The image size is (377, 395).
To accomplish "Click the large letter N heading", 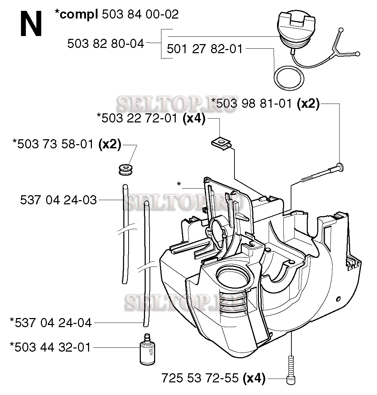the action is [31, 24].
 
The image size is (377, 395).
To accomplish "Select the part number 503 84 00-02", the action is [140, 14].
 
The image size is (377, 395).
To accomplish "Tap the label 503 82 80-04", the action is [106, 44].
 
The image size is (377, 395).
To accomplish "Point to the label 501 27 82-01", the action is [204, 49].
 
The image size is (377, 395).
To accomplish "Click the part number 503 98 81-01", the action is [254, 104].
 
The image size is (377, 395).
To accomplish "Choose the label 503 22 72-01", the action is [139, 118].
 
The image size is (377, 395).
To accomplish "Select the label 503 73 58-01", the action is [55, 144].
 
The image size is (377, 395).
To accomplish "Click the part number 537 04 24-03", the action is [58, 200].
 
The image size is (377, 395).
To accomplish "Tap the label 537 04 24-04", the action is [53, 323].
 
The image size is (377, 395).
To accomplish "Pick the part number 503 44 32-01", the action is [52, 347].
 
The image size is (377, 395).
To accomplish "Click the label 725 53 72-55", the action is [200, 378].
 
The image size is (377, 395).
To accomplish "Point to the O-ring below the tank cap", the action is [289, 78].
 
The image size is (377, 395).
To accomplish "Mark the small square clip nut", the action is [221, 144].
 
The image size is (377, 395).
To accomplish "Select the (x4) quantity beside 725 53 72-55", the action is [254, 378].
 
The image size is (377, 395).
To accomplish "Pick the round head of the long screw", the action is [340, 167].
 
